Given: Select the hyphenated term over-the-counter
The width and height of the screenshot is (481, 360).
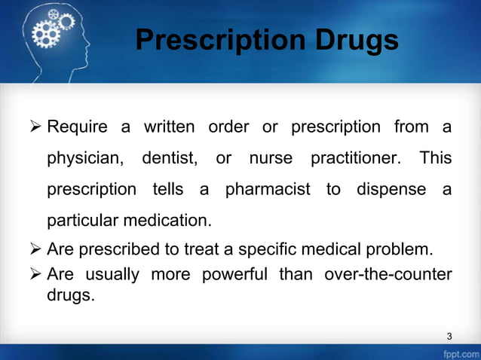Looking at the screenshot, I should (x=388, y=274).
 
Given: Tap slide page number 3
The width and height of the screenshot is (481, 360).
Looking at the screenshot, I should (x=449, y=335).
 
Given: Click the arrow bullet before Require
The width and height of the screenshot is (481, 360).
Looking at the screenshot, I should (x=35, y=127).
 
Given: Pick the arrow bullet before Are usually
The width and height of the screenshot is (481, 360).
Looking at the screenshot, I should (x=35, y=274).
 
